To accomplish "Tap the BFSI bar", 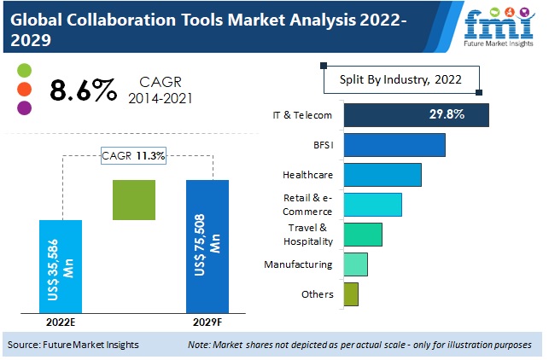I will click(x=394, y=145).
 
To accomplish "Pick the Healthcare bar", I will click(x=383, y=174).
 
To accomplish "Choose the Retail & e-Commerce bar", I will click(x=372, y=205).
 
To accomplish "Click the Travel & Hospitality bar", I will click(x=363, y=234).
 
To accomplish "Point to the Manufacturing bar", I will click(x=355, y=264).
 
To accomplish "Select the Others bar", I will click(x=351, y=294).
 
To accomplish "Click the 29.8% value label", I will click(x=453, y=115).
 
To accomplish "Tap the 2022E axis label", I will click(x=61, y=322).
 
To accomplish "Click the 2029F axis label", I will click(x=207, y=322).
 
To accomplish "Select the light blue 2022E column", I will click(x=61, y=266).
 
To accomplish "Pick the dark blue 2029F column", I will click(x=207, y=247).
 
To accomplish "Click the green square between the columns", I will click(x=134, y=200).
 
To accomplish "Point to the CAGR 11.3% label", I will click(x=134, y=155).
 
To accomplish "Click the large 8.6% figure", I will click(x=83, y=90).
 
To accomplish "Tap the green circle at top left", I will click(x=24, y=70).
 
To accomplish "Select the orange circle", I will click(x=24, y=89).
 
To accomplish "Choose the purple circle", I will click(x=24, y=107).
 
